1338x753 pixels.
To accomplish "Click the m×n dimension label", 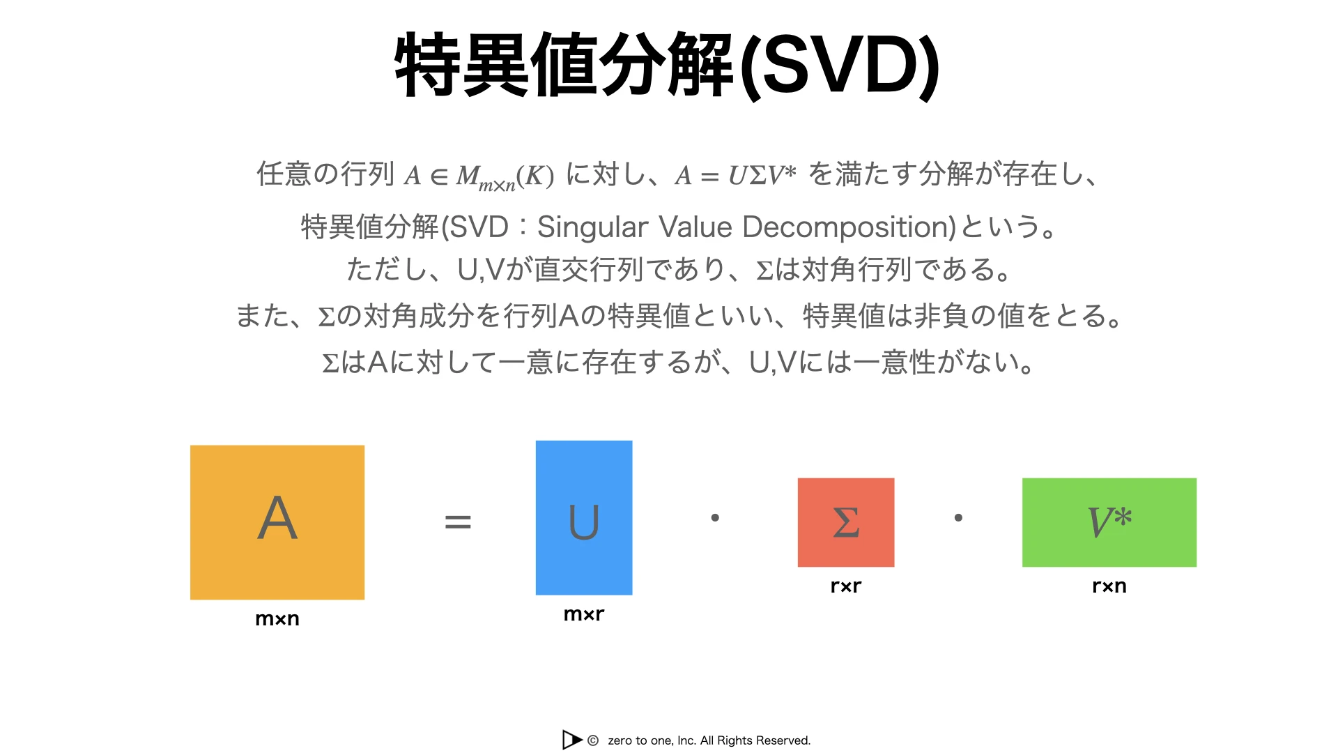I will click(277, 619).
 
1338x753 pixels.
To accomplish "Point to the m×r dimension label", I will click(584, 614).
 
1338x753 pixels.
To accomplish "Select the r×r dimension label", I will click(846, 586).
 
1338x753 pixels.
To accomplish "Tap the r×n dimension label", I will click(1109, 586).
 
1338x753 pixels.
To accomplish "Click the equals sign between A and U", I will click(458, 522).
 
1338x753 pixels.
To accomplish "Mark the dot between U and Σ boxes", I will click(715, 517).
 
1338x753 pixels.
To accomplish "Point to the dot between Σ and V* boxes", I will click(958, 517).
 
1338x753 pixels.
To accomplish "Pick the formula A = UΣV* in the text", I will click(735, 174).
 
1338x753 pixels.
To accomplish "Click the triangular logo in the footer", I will click(571, 740).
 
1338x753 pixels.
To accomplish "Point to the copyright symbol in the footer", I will click(593, 740).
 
